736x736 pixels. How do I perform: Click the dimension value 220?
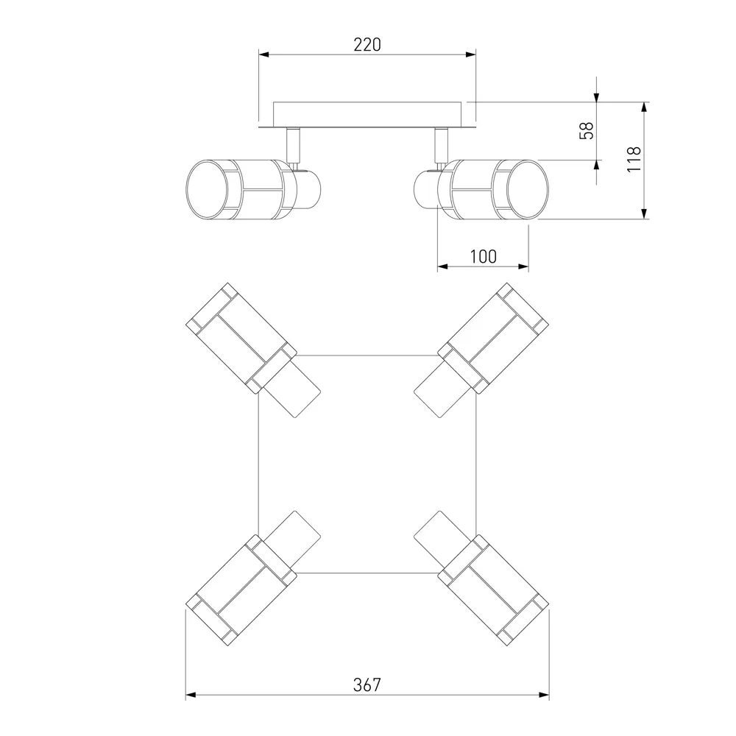coord(367,45)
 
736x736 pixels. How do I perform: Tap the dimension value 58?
coord(587,130)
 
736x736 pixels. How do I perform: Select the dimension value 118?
coord(634,159)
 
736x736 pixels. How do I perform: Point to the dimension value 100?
coord(483,257)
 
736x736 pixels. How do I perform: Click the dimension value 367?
coord(367,685)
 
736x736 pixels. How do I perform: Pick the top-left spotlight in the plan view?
coord(253,350)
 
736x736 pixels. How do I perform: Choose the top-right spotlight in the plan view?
coord(481,350)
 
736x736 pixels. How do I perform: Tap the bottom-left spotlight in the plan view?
coord(253,578)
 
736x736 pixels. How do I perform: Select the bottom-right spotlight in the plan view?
coord(481,578)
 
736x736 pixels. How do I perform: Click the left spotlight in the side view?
coord(253,189)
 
